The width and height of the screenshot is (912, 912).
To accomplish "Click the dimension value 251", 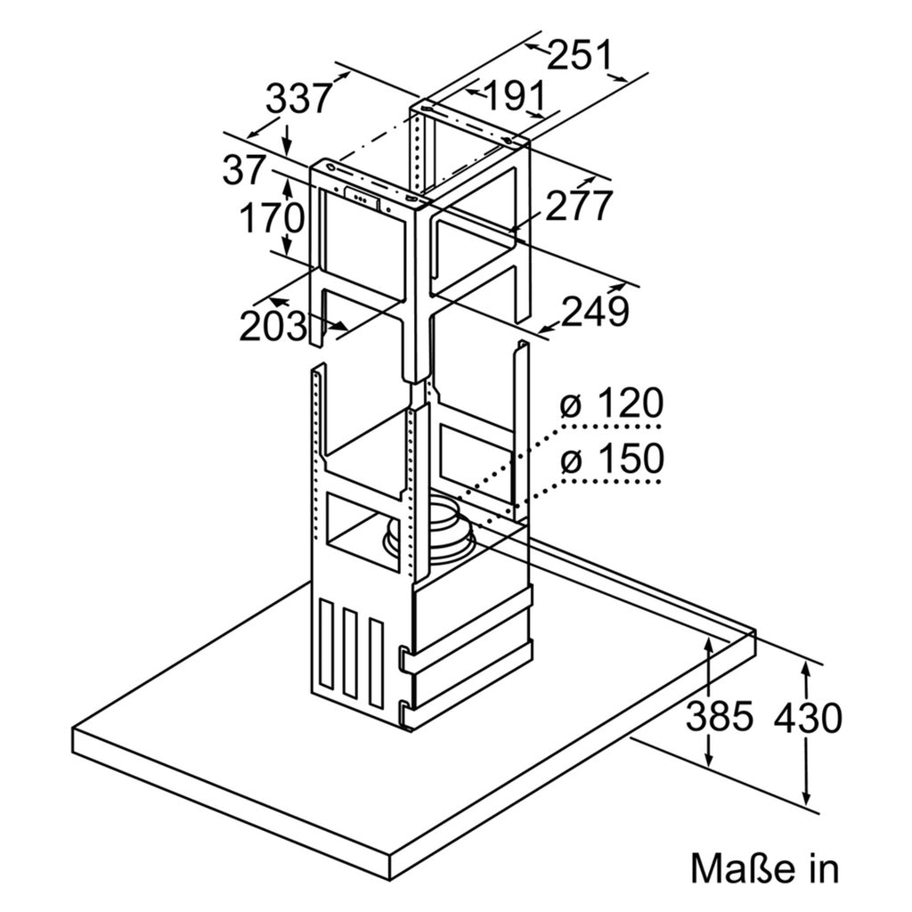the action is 581,55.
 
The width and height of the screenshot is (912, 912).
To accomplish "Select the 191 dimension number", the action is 514,96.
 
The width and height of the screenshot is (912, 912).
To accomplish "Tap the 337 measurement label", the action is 298,98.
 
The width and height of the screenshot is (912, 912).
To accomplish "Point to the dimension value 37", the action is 244,170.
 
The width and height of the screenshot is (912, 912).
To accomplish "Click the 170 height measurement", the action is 273,218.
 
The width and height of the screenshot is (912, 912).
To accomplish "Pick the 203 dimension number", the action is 273,326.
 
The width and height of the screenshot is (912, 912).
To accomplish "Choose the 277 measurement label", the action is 579,206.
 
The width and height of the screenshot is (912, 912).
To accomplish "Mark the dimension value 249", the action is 595,311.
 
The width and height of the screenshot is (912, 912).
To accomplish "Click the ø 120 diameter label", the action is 611,403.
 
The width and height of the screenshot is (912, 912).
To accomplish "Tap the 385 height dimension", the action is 720,716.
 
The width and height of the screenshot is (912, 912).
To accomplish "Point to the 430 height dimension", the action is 808,717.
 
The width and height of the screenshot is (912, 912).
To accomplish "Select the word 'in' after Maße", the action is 824,869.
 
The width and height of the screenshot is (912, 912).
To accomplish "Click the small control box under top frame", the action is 363,199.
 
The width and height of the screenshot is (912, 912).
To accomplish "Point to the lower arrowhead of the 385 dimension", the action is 708,758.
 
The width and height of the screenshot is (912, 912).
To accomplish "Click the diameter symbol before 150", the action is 571,460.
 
